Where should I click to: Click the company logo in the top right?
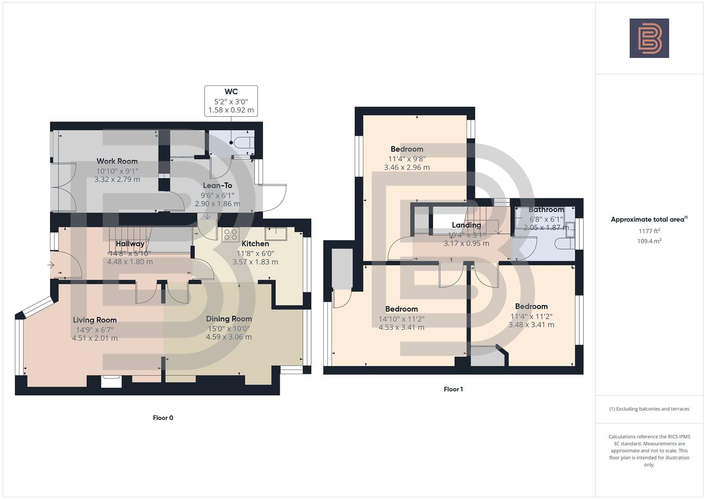(649, 38)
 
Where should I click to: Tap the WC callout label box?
(231, 101)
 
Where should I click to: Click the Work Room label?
(117, 161)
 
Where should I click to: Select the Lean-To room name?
(217, 185)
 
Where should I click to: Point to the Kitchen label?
(255, 243)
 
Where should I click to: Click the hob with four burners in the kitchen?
(230, 235)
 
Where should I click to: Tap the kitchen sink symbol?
(276, 234)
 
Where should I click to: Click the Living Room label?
(95, 320)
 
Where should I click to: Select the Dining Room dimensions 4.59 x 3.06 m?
(229, 337)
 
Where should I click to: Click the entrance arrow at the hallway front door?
(51, 265)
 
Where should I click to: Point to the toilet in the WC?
(243, 143)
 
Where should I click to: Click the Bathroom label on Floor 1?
(546, 210)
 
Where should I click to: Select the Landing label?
(466, 225)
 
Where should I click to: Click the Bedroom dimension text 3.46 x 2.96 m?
(407, 167)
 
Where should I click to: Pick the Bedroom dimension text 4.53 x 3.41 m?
(401, 327)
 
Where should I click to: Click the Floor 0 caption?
(163, 418)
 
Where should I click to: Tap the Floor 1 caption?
(453, 389)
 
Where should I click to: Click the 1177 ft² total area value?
(649, 231)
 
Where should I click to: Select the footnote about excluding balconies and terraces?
(649, 409)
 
